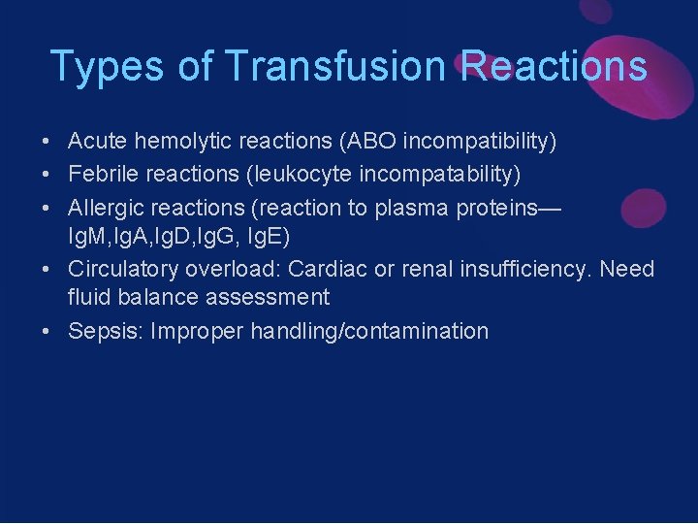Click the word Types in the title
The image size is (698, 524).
102,67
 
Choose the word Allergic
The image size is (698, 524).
108,208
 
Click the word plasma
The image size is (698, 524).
428,208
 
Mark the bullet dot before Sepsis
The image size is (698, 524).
47,332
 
